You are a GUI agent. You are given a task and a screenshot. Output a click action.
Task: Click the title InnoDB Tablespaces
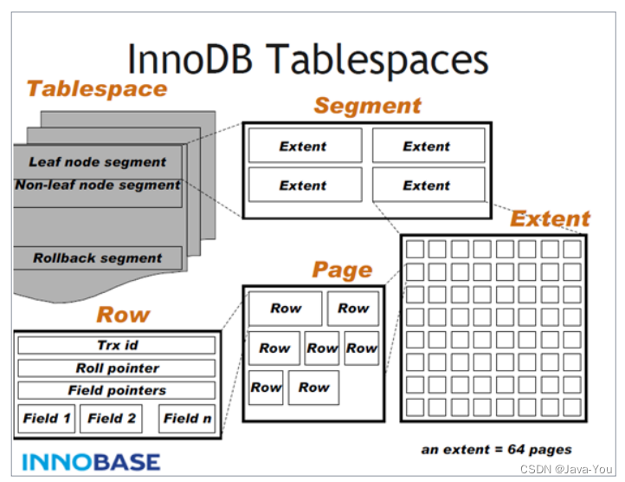(x=307, y=58)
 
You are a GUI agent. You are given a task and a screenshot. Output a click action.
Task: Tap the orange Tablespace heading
(x=96, y=89)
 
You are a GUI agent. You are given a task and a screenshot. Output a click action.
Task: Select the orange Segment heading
(x=367, y=106)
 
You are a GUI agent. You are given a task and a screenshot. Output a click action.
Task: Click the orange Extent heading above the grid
(x=550, y=218)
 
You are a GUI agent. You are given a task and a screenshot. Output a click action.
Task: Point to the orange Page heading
(x=342, y=270)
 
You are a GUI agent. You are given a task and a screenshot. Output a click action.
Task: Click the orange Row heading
(x=123, y=315)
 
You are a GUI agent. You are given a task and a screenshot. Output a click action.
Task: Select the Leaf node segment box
(x=97, y=162)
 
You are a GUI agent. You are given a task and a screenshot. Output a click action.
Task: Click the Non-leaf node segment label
(x=97, y=185)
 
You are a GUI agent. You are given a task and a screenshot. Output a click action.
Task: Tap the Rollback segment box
(x=97, y=257)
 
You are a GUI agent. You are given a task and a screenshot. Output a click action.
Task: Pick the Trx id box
(x=117, y=346)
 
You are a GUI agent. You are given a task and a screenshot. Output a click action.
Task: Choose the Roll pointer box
(x=117, y=368)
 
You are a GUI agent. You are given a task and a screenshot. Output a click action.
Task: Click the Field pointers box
(x=117, y=391)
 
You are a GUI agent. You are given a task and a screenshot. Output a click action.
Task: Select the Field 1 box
(x=47, y=419)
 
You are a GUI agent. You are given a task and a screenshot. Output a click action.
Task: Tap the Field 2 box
(x=111, y=419)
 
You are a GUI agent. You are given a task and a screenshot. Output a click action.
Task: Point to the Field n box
(x=187, y=419)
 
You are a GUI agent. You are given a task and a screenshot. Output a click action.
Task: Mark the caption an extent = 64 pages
(x=496, y=449)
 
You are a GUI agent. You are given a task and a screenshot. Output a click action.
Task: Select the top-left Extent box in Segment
(x=305, y=147)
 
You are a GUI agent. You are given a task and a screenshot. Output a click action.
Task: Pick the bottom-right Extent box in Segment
(x=428, y=186)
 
